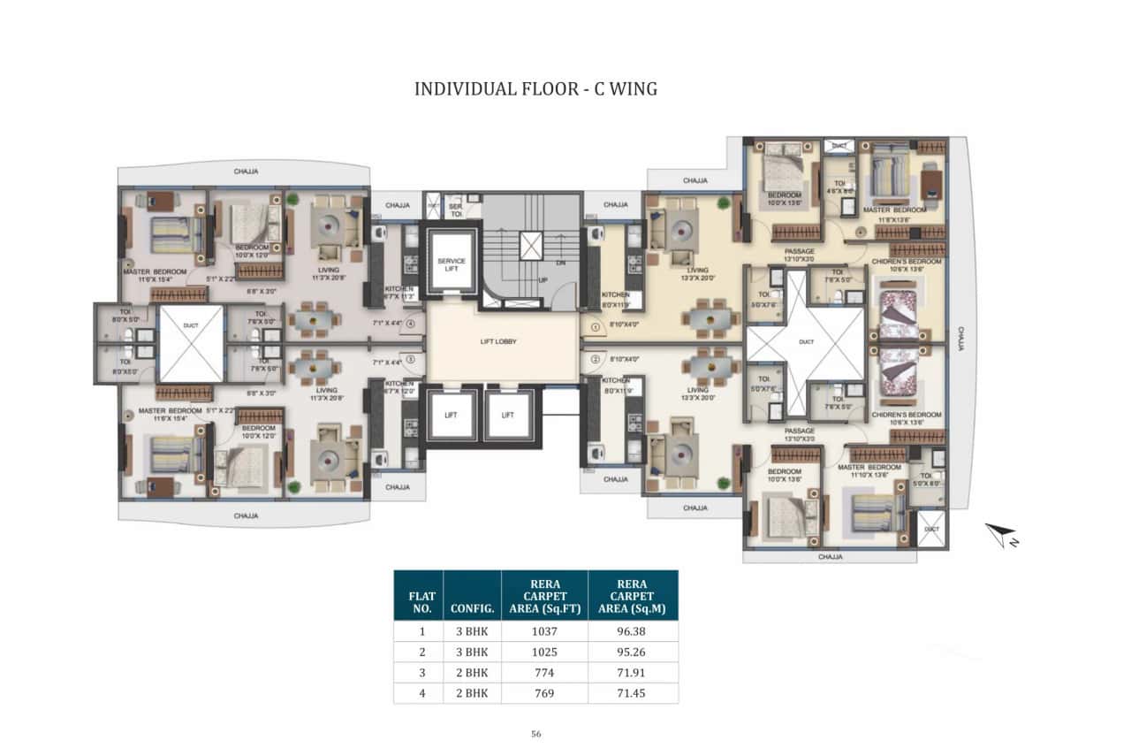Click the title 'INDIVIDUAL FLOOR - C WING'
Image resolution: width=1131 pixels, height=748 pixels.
point(535,89)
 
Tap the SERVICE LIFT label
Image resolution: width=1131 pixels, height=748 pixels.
point(451,266)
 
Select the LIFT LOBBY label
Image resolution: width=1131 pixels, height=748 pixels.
point(503,340)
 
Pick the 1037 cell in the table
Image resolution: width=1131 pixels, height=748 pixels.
point(544,631)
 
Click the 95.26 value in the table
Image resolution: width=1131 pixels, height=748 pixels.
point(633,652)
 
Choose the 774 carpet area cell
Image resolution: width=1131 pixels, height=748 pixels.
point(544,672)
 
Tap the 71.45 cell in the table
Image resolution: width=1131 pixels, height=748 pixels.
point(633,692)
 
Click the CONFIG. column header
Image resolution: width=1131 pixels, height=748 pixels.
point(472,608)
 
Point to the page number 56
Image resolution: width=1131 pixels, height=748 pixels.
point(535,733)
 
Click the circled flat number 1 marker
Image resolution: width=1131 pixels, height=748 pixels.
point(595,326)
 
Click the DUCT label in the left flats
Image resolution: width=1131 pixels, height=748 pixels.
point(191,324)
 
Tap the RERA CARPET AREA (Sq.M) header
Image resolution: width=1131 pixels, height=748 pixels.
point(633,596)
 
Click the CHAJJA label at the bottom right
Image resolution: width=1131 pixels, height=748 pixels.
point(831,557)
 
